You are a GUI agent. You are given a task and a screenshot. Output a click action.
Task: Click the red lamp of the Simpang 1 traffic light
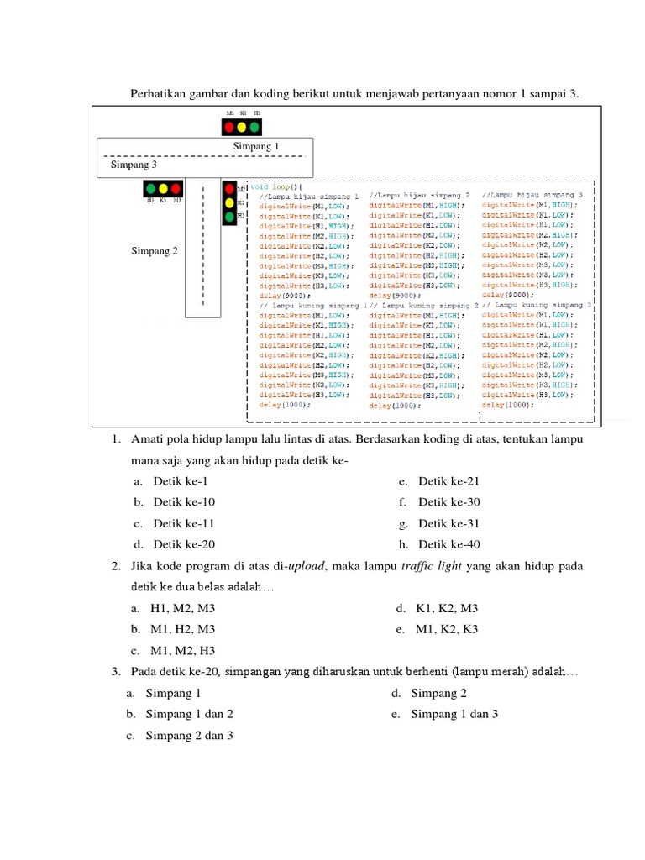tap(228, 128)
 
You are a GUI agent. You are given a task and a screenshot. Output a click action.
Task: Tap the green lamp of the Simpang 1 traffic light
tap(254, 128)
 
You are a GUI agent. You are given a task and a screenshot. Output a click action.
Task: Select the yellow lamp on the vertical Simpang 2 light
tap(228, 203)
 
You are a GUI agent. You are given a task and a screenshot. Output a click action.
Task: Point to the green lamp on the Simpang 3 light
tap(150, 189)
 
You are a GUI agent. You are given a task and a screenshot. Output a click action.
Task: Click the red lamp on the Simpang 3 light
tap(176, 189)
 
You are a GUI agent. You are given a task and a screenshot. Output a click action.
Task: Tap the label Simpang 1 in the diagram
tap(256, 146)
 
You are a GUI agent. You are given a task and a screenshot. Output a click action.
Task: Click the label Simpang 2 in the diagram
tap(155, 250)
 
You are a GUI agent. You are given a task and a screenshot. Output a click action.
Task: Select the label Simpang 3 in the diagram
tap(134, 165)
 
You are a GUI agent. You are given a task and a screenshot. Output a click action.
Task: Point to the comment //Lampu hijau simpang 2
tap(419, 195)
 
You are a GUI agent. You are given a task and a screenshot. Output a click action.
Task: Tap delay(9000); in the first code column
tap(285, 296)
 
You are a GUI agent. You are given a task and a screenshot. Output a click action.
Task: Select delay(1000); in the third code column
tap(507, 405)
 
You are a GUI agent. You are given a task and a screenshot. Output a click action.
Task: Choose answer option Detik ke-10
tap(184, 502)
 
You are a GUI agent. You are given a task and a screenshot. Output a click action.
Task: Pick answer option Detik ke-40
tap(449, 544)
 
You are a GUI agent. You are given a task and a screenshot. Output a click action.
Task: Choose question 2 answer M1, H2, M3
tap(182, 629)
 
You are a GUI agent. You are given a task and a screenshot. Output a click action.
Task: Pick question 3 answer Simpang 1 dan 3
tap(454, 714)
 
